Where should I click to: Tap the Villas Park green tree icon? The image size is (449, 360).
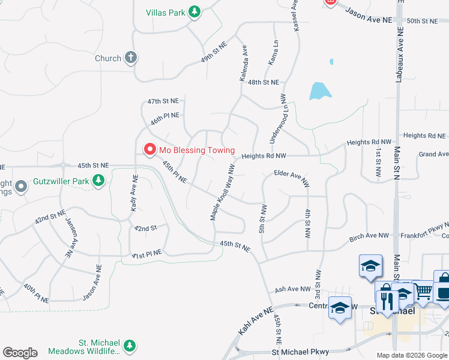pos(194,12)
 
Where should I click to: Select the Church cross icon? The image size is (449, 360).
pos(131,58)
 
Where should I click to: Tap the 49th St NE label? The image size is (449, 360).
pos(214,52)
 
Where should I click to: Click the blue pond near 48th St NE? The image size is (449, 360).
pos(319,91)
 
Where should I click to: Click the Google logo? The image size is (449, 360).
pos(20,353)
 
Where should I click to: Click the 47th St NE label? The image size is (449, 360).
pos(163,101)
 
